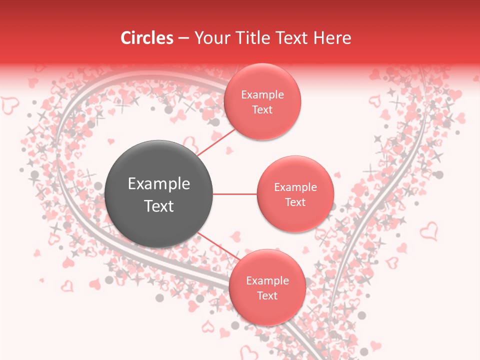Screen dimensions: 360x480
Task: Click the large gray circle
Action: (158, 194)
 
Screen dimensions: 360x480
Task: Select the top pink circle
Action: (262, 101)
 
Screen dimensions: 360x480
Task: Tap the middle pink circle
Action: (295, 194)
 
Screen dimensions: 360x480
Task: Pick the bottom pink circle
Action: (267, 287)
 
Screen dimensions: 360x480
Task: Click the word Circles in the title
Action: (146, 38)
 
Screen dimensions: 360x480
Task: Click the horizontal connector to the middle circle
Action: (234, 194)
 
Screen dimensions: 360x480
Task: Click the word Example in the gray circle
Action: (159, 184)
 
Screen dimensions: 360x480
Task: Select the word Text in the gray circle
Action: (159, 206)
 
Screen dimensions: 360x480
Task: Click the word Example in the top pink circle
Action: (262, 94)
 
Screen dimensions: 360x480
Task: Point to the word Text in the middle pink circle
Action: (295, 202)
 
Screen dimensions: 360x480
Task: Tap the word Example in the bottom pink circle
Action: (267, 280)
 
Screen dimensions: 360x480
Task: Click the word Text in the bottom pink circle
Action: (267, 295)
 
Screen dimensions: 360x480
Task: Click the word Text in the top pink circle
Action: (262, 109)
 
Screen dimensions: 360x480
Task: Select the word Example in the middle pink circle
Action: (295, 187)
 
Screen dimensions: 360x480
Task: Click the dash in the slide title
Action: (183, 38)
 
